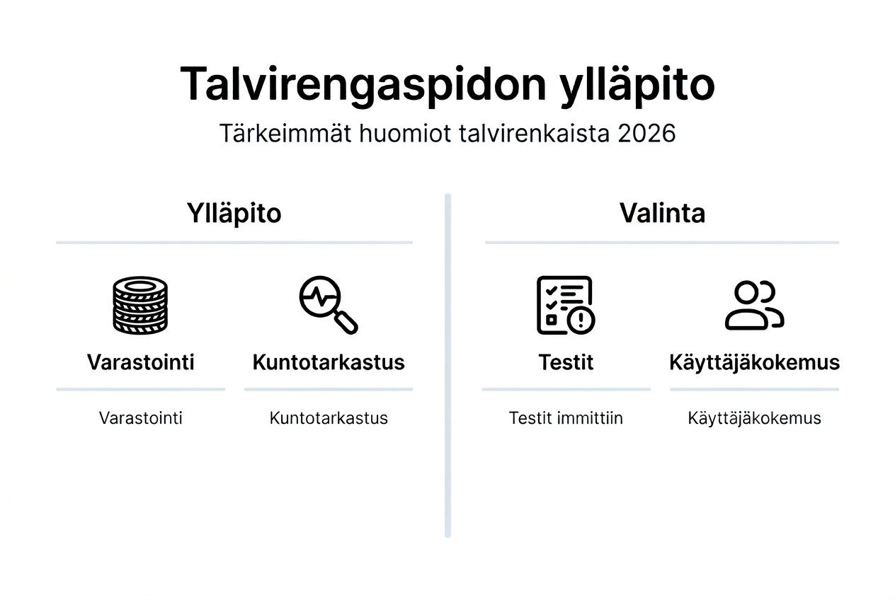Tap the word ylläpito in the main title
pos(637,86)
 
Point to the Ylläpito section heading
pos(234,213)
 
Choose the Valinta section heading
pos(662,213)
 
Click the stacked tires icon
pos(140,305)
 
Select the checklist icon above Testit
pos(564,304)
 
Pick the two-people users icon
pos(754,305)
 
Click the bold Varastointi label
pos(140,362)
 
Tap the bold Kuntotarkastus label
pos(329,362)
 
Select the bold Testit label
pos(566,362)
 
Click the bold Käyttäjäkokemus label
pos(754,362)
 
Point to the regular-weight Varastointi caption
pos(140,418)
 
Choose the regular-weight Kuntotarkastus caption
pos(329,418)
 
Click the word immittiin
pos(590,418)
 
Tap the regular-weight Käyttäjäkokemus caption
pos(754,418)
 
